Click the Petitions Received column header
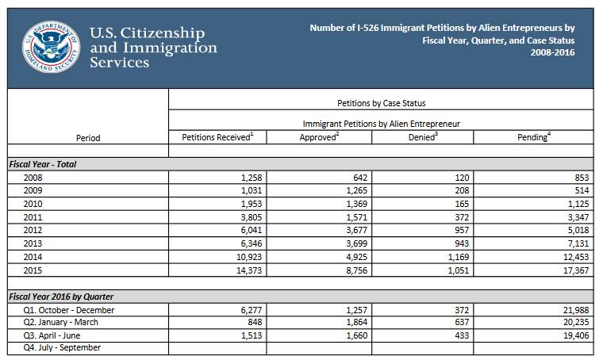tap(217, 137)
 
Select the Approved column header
tap(319, 137)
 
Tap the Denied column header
tap(422, 137)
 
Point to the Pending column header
tap(534, 137)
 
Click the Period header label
tap(88, 138)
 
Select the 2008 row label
tap(34, 178)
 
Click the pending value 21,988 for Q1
tap(573, 309)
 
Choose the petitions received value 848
tap(252, 322)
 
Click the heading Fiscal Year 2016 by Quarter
tap(61, 297)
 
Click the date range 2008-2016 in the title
tap(553, 53)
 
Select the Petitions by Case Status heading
tap(381, 103)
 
